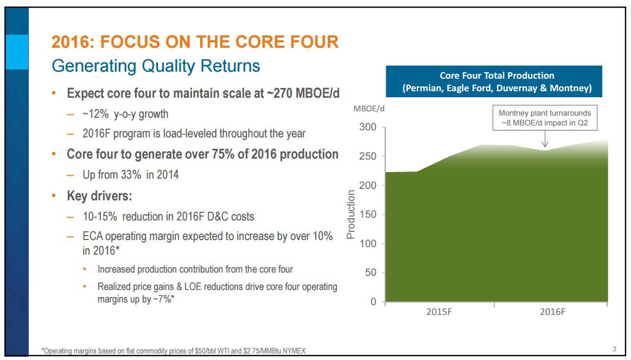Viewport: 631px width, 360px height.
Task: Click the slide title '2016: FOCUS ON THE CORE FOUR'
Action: [x=195, y=42]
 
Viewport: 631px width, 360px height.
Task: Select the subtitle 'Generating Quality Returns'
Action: [x=155, y=66]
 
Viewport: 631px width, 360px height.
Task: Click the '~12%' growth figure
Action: [x=94, y=114]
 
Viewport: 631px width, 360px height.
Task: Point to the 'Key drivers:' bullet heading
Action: [x=99, y=196]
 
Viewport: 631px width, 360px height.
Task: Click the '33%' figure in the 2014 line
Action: [x=124, y=175]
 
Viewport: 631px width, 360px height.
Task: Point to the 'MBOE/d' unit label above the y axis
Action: [x=369, y=109]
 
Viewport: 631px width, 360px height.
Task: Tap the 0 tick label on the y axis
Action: [x=373, y=302]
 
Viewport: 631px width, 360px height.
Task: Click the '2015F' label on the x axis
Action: [x=438, y=313]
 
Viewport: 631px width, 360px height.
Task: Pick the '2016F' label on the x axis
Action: [x=553, y=313]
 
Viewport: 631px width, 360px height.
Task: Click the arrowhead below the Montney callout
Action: [x=545, y=144]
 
